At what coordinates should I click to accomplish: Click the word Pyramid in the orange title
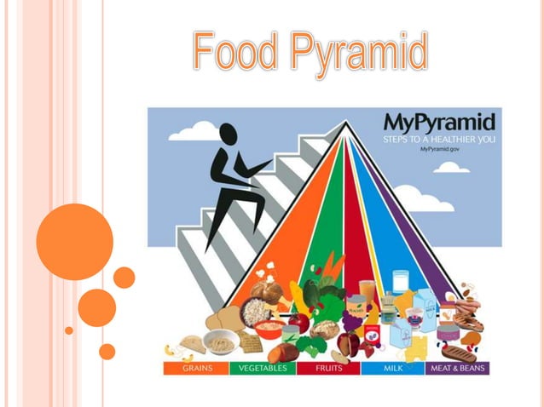pyautogui.click(x=356, y=53)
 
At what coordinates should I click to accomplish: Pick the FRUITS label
pyautogui.click(x=327, y=369)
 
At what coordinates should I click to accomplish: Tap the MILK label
pyautogui.click(x=393, y=369)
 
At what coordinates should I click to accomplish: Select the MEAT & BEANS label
pyautogui.click(x=461, y=369)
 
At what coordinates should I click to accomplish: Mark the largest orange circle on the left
pyautogui.click(x=75, y=241)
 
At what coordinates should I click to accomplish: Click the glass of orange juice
pyautogui.click(x=367, y=294)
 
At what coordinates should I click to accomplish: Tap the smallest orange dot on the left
pyautogui.click(x=69, y=330)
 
